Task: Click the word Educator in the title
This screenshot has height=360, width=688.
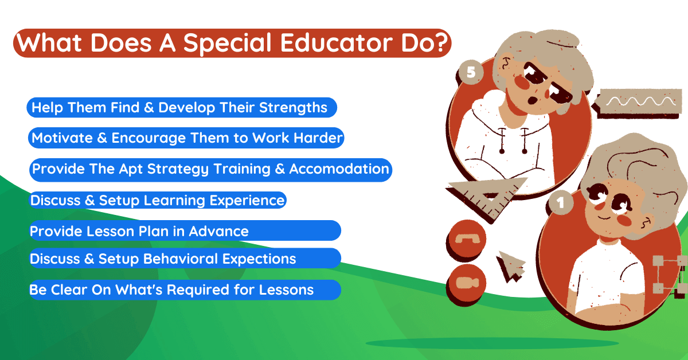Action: tap(337, 42)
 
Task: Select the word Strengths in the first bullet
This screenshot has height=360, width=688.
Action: tap(293, 108)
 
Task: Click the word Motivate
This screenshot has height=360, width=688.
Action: tap(62, 138)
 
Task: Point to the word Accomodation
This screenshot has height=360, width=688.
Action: tap(339, 169)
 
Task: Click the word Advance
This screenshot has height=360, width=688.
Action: tap(218, 231)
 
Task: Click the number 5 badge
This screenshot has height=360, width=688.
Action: tap(471, 72)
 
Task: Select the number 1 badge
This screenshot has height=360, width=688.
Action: tap(561, 203)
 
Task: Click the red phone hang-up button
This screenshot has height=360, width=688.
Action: tap(467, 238)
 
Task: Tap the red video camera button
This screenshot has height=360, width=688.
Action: tap(467, 283)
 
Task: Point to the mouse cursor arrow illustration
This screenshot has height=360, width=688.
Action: tap(510, 266)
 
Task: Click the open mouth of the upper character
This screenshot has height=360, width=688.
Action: tap(533, 100)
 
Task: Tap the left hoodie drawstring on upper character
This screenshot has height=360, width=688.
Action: tap(502, 140)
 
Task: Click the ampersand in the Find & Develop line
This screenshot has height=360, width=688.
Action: tap(149, 108)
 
